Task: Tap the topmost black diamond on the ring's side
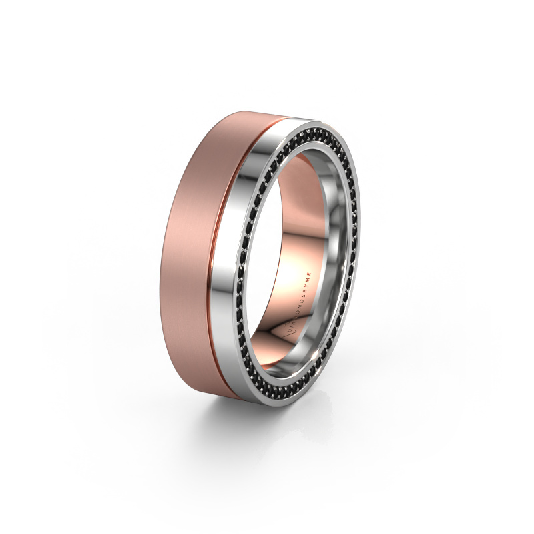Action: pyautogui.click(x=320, y=123)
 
